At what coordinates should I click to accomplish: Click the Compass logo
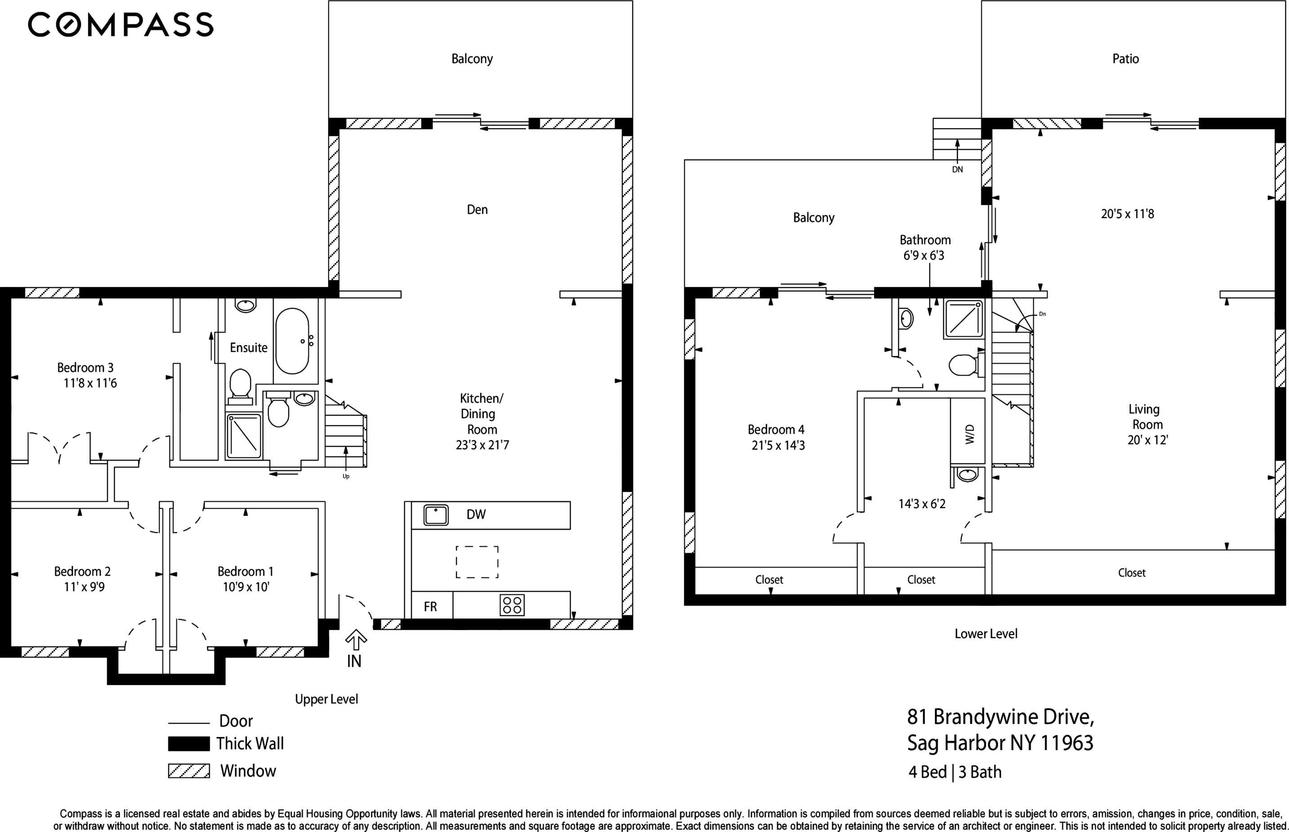(x=121, y=25)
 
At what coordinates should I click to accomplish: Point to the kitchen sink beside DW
(x=436, y=515)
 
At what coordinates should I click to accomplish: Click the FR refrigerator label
(x=430, y=607)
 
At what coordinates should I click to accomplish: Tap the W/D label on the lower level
(x=970, y=434)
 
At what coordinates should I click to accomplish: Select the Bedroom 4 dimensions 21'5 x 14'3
(x=778, y=446)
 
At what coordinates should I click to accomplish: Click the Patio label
(x=1125, y=59)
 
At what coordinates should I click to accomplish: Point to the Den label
(x=477, y=210)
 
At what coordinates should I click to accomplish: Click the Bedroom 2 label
(x=82, y=571)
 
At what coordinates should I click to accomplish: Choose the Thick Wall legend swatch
(x=189, y=744)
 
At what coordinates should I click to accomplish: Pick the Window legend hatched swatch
(x=189, y=771)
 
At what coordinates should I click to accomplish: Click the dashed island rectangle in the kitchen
(x=477, y=562)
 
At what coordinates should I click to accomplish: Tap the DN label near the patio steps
(x=957, y=170)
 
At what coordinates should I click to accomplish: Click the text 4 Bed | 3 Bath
(x=955, y=772)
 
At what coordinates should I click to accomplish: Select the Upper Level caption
(x=327, y=699)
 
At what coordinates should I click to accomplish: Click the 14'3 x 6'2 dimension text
(x=922, y=504)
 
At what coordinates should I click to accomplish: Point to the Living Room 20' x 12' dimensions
(x=1147, y=440)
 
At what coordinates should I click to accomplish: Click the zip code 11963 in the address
(x=1066, y=743)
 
